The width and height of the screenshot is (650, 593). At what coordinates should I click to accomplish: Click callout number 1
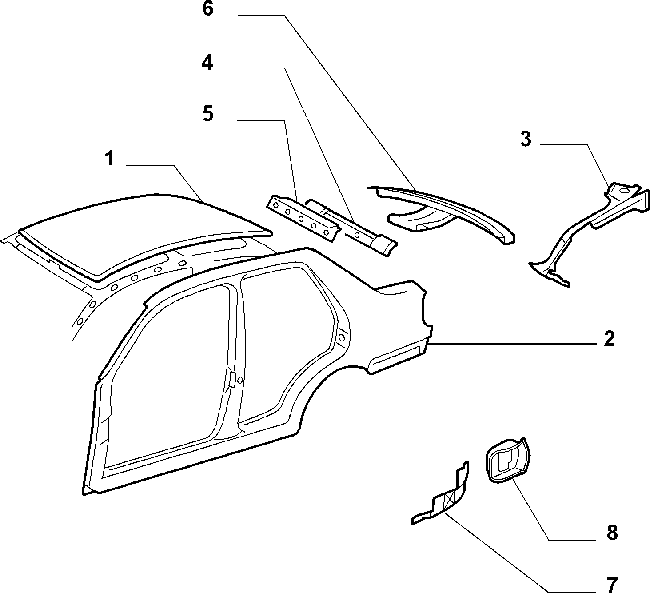coord(111,159)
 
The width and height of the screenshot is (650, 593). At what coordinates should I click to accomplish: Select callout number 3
coord(526,139)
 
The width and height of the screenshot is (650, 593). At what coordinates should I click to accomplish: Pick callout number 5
coord(208,114)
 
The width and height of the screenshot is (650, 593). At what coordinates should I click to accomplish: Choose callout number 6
coord(208,9)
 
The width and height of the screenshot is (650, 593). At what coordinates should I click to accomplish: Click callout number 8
coord(612,533)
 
